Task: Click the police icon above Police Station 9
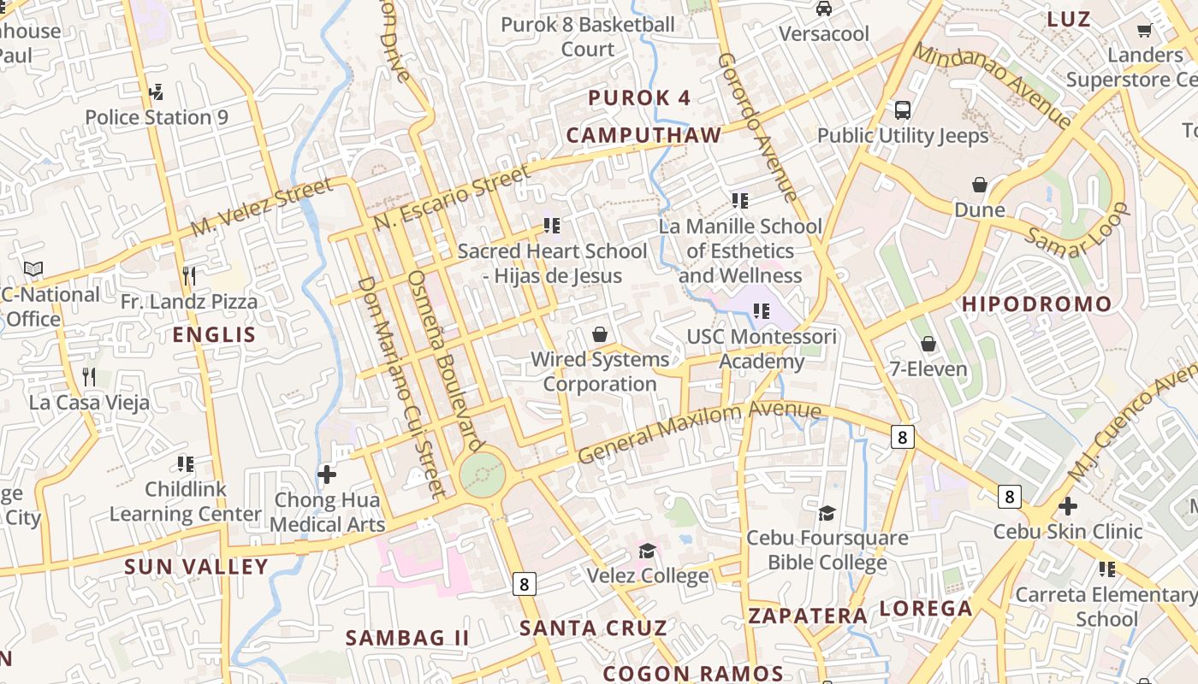(156, 91)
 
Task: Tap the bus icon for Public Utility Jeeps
(903, 109)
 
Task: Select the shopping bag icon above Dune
(980, 185)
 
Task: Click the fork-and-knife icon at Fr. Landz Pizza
(189, 275)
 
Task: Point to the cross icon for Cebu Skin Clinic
(1067, 505)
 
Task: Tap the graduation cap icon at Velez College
(648, 550)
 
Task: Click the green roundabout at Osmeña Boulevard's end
(482, 474)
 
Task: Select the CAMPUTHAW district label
(643, 135)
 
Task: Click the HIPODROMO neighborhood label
(1036, 304)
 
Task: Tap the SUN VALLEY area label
(197, 567)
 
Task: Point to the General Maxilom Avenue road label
(699, 432)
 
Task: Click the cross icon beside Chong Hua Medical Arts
(327, 474)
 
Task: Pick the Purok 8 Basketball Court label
(588, 37)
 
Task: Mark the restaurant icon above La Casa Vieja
(89, 376)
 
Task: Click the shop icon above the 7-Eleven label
(928, 344)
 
